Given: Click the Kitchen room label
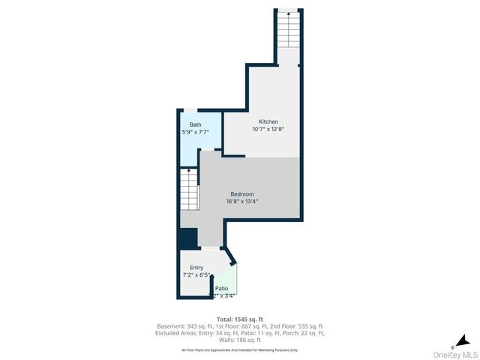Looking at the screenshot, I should click(x=268, y=121).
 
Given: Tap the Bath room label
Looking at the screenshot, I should click(x=195, y=124).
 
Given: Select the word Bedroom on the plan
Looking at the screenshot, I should click(x=242, y=193).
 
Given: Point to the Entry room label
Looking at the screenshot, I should click(x=196, y=268).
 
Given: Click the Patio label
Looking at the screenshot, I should click(x=222, y=289).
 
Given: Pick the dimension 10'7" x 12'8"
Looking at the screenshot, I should click(x=268, y=129).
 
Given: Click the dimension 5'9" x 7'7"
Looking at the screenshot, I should click(x=195, y=132).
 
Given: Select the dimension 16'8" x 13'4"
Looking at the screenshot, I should click(x=242, y=201).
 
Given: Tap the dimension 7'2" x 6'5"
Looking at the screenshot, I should click(x=196, y=275).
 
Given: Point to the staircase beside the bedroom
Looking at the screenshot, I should click(x=189, y=190).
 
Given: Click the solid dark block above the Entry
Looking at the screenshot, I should click(x=187, y=238).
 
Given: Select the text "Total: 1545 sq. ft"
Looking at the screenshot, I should click(x=240, y=319).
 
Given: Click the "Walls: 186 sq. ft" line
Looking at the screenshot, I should click(x=240, y=340).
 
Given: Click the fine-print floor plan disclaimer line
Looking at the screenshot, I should click(x=240, y=349).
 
